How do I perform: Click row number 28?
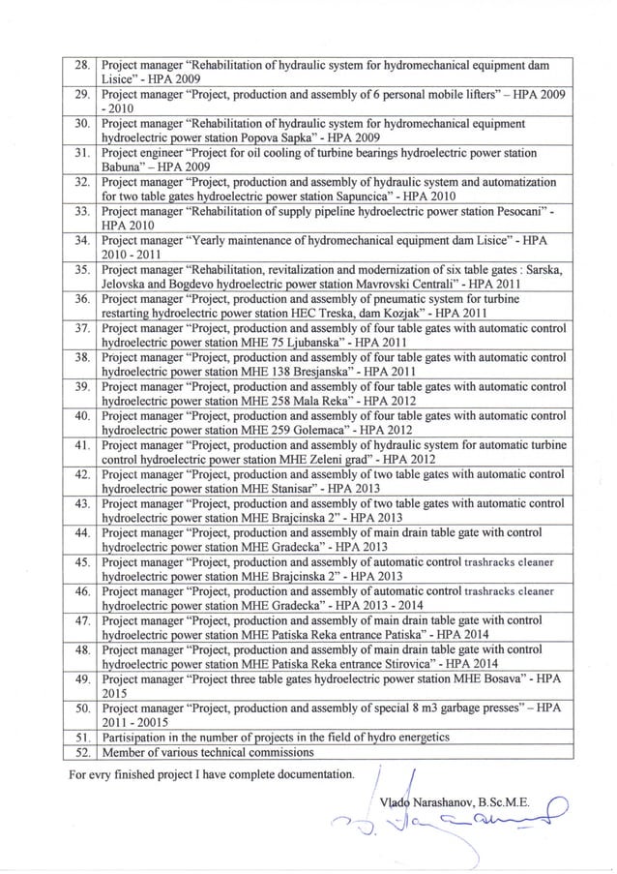(83, 67)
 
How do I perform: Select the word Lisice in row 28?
(119, 80)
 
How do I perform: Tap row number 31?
(83, 154)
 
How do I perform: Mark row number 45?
(83, 562)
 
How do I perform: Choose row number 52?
(83, 752)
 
